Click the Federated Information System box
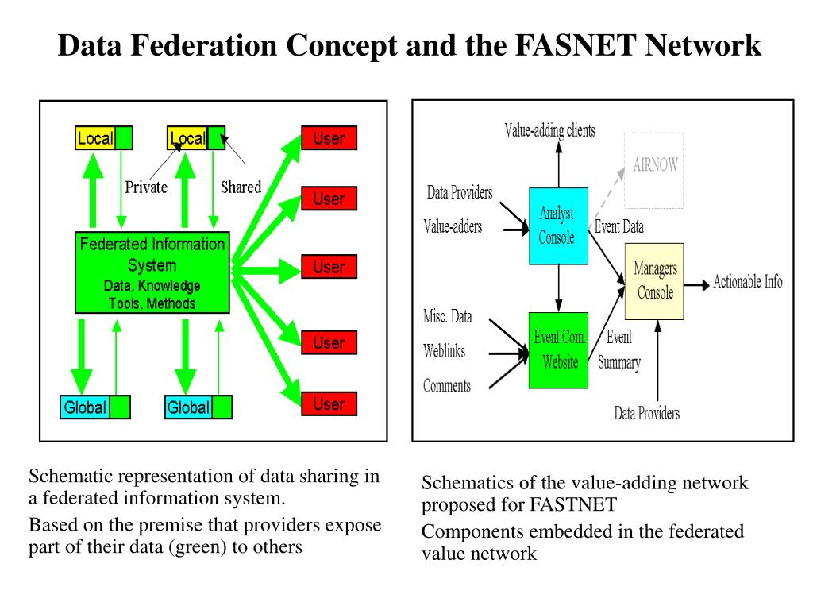pos(152,272)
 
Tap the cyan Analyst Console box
pos(558,226)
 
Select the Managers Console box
pos(654,281)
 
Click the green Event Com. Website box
pos(558,350)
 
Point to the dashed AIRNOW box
pos(654,171)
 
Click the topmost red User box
pos(329,138)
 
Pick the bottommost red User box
pos(329,403)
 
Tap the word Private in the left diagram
pos(146,187)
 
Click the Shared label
pos(241,187)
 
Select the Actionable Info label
pos(748,282)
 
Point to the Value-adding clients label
pos(549,130)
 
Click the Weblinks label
pos(445,351)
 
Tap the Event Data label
pos(619,226)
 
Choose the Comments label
pos(447,386)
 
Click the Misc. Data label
pos(448,316)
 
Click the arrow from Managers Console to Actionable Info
pos(696,285)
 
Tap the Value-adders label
pos(453,226)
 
